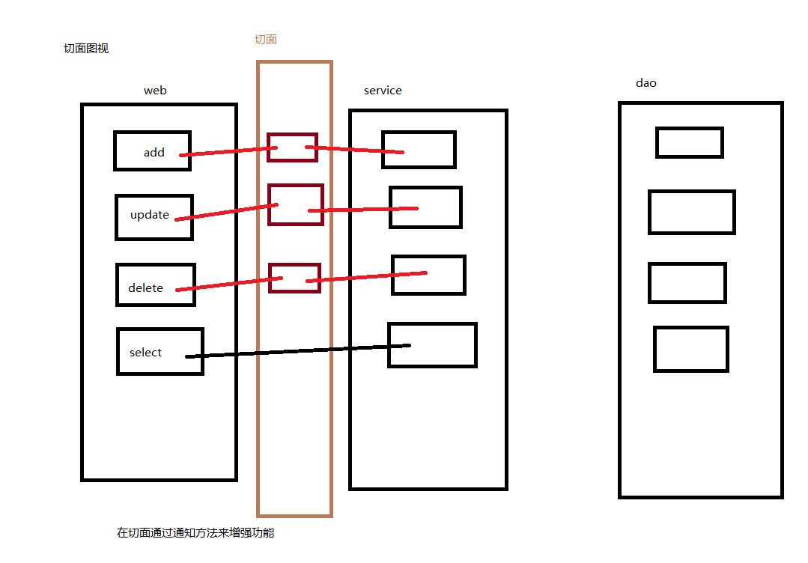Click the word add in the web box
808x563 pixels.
tap(154, 153)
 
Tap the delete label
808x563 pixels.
tap(145, 288)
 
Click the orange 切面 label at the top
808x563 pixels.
tap(266, 40)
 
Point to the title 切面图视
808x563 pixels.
tap(86, 49)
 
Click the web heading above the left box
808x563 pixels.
tap(155, 91)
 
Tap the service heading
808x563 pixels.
tap(383, 91)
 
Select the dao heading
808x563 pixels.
tap(646, 83)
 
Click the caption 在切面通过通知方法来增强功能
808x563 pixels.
tap(195, 533)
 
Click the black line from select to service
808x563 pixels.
tap(300, 350)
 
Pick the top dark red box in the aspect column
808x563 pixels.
tap(292, 147)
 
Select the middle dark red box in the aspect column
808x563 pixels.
tap(296, 204)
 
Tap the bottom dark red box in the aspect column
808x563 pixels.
tap(294, 278)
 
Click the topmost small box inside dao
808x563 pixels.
tap(689, 142)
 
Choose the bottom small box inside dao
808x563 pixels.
tap(690, 349)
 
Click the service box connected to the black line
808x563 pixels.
tap(432, 345)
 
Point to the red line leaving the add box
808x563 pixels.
tap(225, 152)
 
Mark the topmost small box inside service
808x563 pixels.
tap(419, 150)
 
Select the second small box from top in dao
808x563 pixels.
tap(691, 212)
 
